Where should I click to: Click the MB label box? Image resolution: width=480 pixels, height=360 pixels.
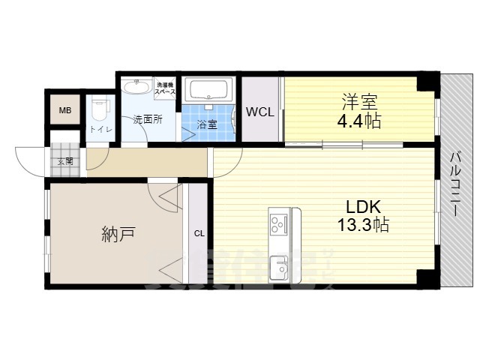tap(65, 112)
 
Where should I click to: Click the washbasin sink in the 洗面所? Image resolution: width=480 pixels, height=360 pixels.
tap(136, 88)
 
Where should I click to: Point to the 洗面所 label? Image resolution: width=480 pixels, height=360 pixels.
tap(147, 119)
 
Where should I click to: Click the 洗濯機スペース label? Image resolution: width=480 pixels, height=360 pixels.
tap(166, 88)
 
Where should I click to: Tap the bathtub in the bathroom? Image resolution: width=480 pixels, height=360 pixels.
tap(210, 91)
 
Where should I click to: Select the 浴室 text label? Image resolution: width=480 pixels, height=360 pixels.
tap(207, 124)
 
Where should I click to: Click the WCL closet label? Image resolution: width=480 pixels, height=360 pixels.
tap(260, 112)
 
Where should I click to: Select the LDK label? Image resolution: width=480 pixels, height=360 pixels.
tap(364, 206)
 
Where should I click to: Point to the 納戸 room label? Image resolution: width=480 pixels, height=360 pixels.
tap(118, 234)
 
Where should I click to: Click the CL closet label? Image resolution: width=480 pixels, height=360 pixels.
tap(199, 233)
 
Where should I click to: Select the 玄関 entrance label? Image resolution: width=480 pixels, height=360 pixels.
tap(64, 160)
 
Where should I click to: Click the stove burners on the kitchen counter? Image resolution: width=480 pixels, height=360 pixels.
tap(277, 223)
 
